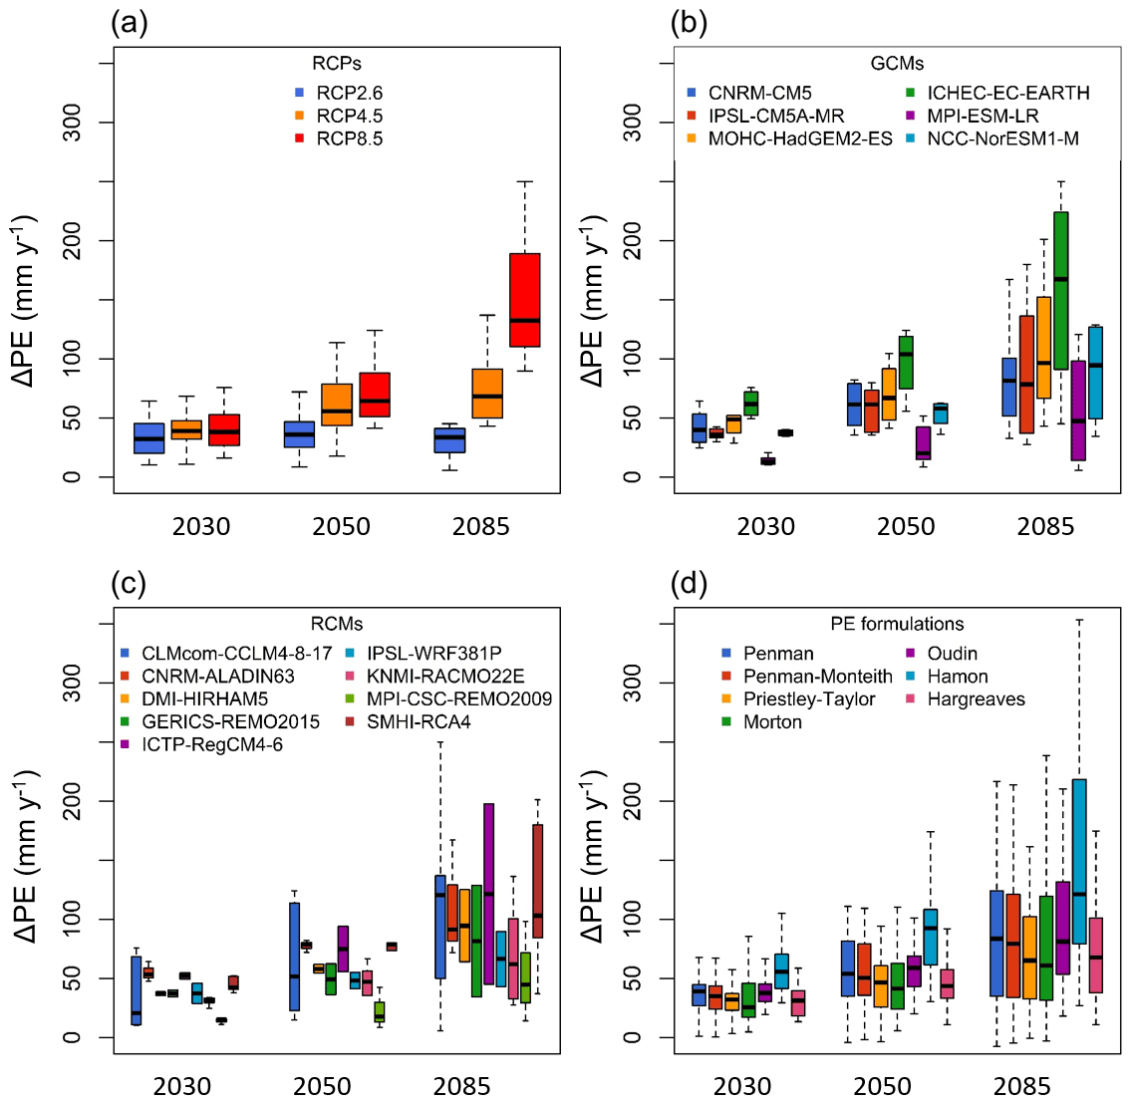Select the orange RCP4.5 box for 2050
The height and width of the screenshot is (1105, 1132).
pos(337,405)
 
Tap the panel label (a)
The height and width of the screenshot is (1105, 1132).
pos(129,22)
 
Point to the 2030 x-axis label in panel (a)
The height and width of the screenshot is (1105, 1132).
pos(200,526)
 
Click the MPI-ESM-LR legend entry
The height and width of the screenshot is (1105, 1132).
pos(983,116)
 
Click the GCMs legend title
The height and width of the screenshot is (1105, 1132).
pos(897,64)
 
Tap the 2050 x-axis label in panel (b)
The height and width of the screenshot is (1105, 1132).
pos(906,526)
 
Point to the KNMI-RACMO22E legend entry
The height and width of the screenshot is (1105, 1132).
pos(444,677)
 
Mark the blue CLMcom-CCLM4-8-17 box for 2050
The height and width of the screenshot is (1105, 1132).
pos(295,957)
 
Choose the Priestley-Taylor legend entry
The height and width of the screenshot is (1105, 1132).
pos(808,699)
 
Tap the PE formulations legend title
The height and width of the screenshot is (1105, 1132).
pos(897,625)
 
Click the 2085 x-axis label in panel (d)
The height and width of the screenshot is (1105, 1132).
pos(1022,1086)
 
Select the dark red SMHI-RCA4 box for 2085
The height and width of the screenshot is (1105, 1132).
pos(537,881)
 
